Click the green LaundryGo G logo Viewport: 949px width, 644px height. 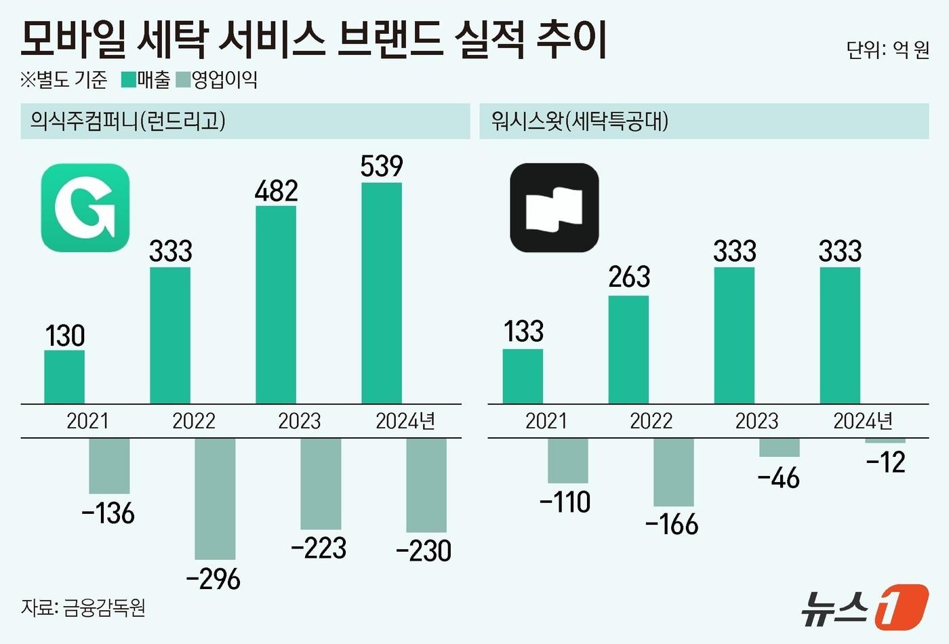coord(85,207)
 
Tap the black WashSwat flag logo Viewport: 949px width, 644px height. coord(554,207)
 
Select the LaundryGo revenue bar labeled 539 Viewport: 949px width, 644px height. coord(382,293)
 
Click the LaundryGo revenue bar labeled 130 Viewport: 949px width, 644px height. coord(64,376)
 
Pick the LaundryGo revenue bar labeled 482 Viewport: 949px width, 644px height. coord(276,304)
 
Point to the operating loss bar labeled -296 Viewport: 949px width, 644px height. coord(215,498)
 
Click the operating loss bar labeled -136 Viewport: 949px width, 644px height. coord(109,466)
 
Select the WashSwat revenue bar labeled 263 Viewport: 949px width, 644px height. coord(628,349)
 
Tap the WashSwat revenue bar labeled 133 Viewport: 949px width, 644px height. coord(523,376)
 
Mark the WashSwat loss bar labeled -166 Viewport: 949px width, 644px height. coord(674,472)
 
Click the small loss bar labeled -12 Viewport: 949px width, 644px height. coord(885,441)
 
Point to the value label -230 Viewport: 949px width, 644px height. coord(424,550)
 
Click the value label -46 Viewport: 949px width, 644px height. coord(778,478)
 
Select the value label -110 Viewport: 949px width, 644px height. coord(565,502)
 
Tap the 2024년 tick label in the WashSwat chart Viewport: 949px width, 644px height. coord(863,421)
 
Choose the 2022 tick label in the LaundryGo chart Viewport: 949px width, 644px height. coord(193,421)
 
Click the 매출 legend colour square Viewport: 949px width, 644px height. coord(128,80)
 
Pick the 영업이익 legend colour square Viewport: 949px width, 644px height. coord(182,80)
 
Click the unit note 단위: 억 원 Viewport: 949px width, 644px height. coord(887,49)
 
